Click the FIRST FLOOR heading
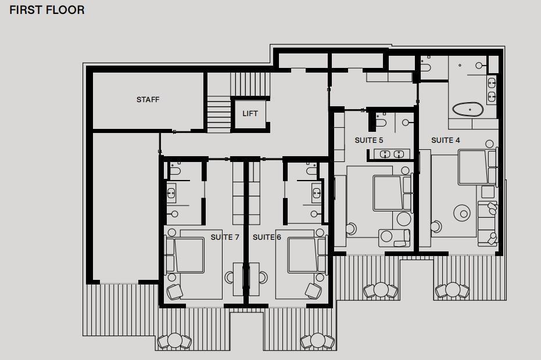[47, 10]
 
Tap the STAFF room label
[148, 100]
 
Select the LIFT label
[250, 113]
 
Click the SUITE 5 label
[369, 141]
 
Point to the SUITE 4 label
[446, 141]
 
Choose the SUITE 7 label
[225, 237]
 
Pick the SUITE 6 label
[267, 237]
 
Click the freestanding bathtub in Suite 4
[468, 109]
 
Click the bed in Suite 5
[392, 193]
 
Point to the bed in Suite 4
[478, 167]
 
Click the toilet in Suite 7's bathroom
[175, 170]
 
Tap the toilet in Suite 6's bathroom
[311, 170]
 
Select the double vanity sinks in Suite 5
[392, 154]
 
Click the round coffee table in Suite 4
[461, 213]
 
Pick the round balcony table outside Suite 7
[174, 340]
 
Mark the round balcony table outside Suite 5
[381, 290]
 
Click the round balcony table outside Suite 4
[453, 290]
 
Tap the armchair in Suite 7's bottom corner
[174, 291]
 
